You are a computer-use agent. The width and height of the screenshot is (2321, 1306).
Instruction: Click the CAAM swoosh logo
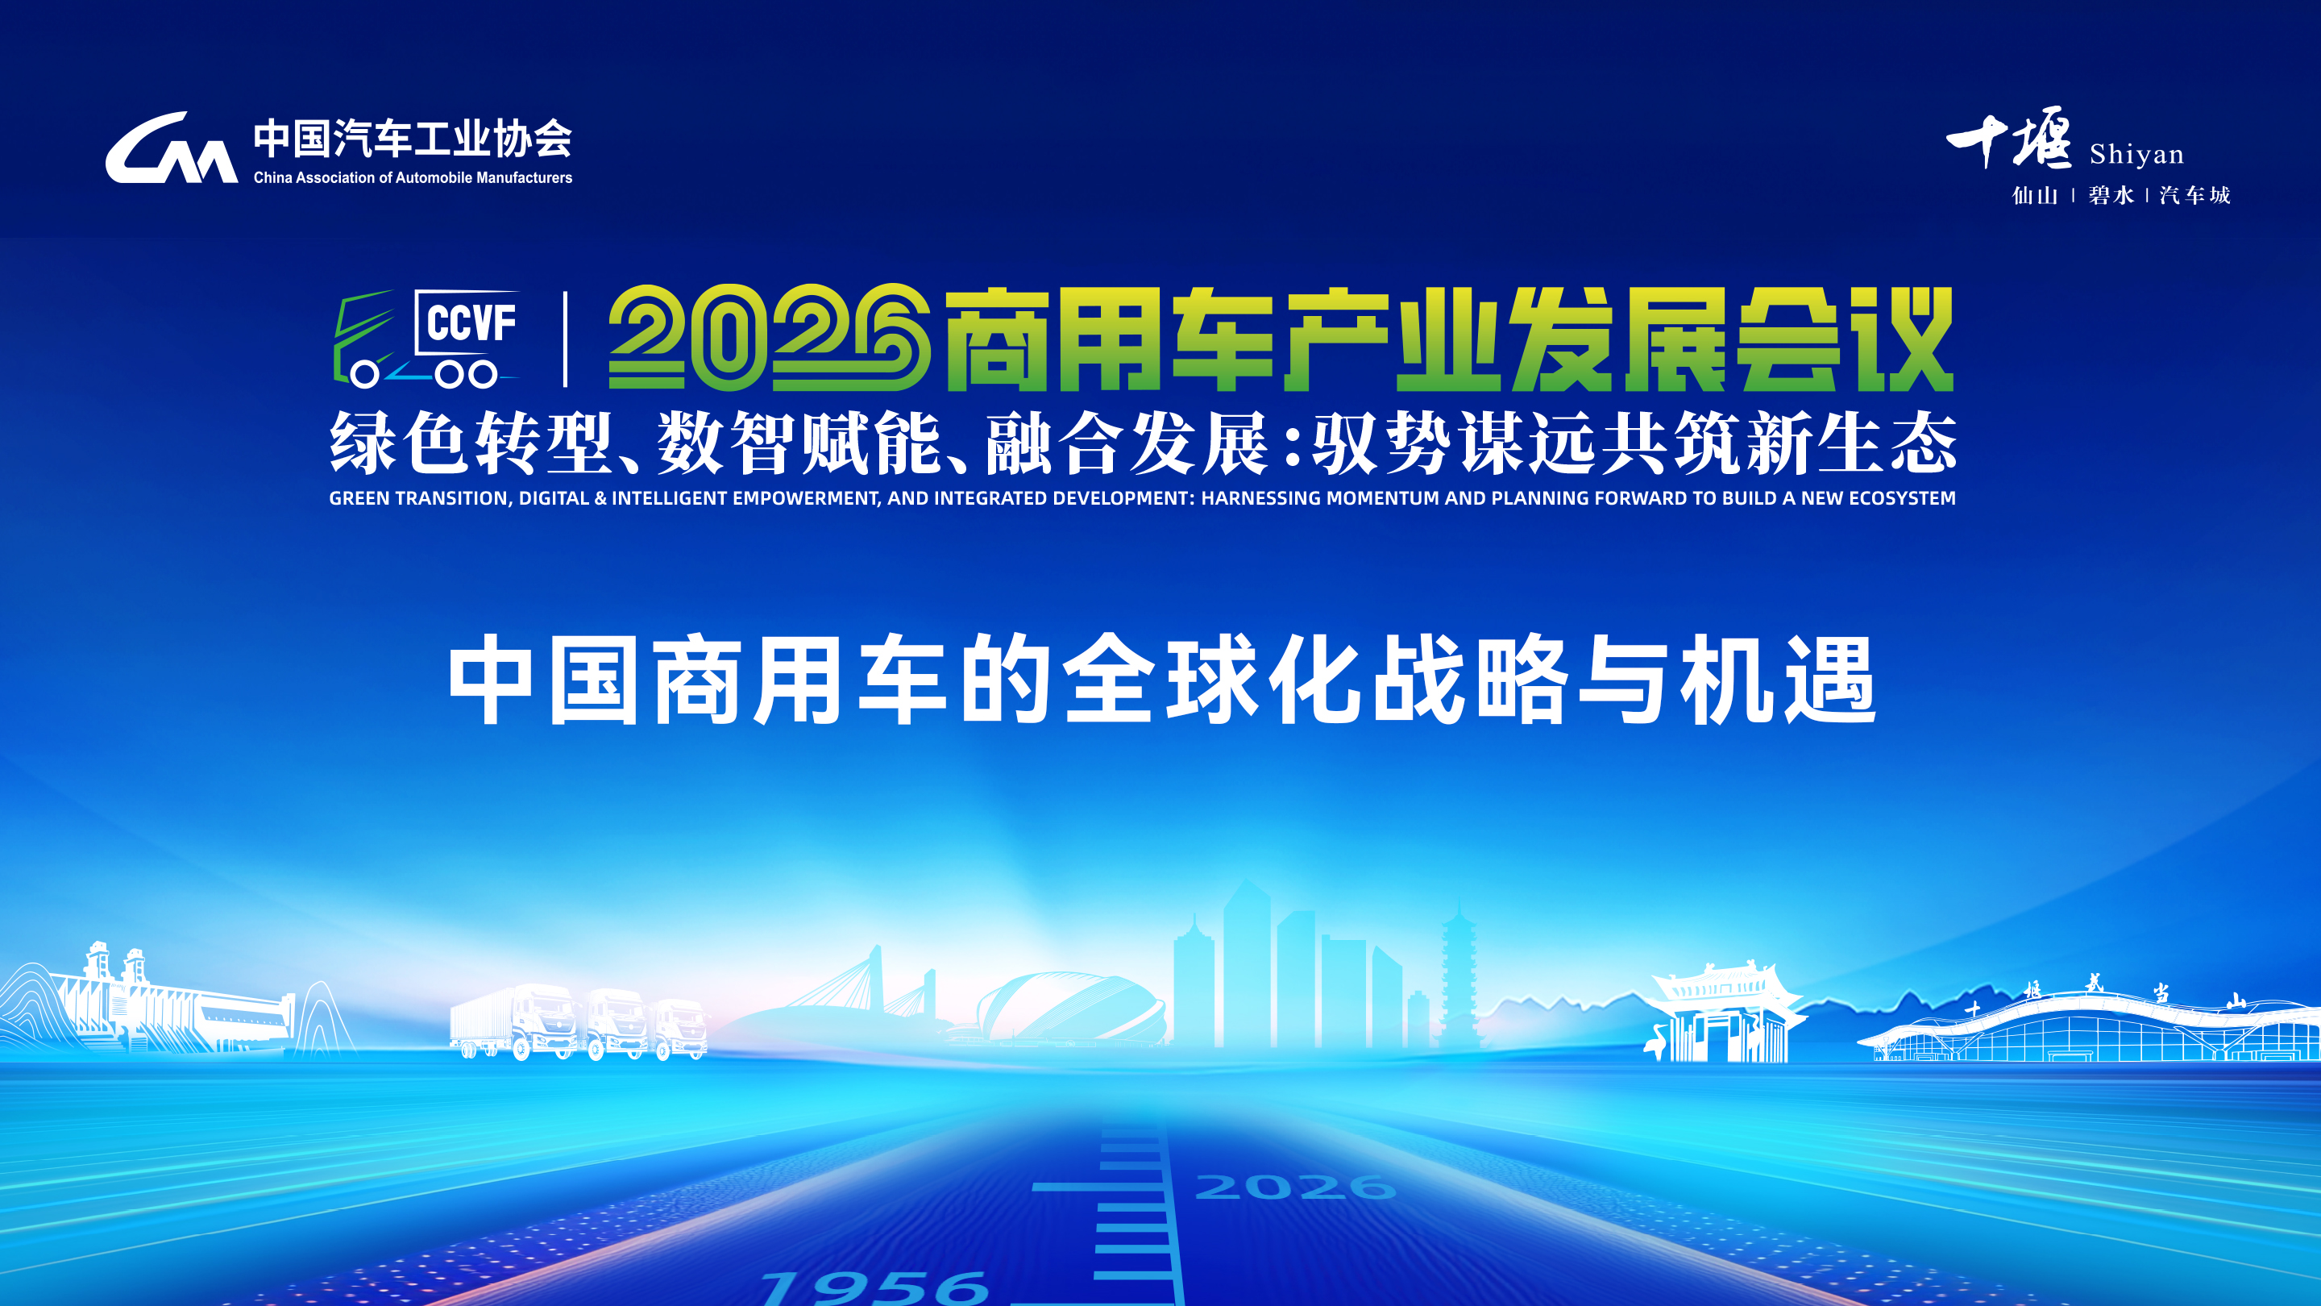[x=171, y=148]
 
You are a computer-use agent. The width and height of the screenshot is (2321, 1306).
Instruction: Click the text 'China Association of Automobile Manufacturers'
[x=413, y=177]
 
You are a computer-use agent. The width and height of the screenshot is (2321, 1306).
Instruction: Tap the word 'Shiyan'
[x=2136, y=154]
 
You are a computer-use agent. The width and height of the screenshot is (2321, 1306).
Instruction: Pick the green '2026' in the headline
[x=770, y=338]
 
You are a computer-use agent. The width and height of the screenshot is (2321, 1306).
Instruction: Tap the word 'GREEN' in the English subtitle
[x=359, y=498]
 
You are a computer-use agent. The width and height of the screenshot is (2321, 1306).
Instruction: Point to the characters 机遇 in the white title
[x=1778, y=680]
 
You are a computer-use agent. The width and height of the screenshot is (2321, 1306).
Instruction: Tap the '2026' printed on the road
[x=1296, y=1186]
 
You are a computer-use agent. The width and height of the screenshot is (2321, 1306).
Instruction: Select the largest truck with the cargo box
[x=513, y=1022]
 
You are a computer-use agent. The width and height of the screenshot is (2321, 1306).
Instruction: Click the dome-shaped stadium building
[x=1070, y=1008]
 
